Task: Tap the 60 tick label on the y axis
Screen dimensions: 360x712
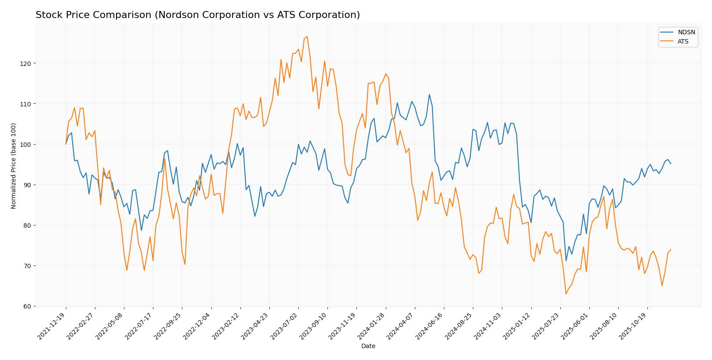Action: [x=27, y=306]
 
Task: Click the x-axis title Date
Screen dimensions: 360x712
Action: [x=368, y=346]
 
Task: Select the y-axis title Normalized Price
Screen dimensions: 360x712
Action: [x=14, y=166]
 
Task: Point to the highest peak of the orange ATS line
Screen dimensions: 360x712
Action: [x=307, y=36]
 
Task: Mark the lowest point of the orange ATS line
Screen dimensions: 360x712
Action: [x=566, y=294]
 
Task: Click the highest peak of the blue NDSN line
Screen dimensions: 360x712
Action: [x=429, y=94]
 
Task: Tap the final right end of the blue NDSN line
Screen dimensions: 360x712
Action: [x=671, y=164]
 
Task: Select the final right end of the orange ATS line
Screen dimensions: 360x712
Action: [x=671, y=250]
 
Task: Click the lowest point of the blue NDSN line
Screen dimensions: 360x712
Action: [x=566, y=261]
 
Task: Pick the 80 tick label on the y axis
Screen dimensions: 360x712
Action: [x=27, y=225]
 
